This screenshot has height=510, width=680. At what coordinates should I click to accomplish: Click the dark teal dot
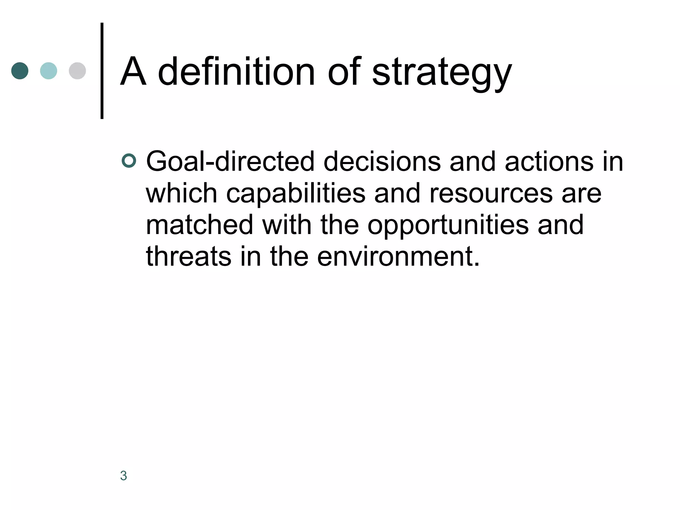(x=20, y=71)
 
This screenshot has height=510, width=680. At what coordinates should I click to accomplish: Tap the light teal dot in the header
(x=48, y=71)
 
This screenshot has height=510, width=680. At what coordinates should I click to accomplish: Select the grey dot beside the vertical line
(x=77, y=71)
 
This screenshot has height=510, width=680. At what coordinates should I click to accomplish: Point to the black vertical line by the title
(x=102, y=71)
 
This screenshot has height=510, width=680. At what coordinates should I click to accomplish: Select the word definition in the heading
(x=236, y=71)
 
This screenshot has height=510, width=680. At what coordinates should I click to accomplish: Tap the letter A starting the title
(x=133, y=71)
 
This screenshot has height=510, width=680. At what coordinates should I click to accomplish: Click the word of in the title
(x=344, y=71)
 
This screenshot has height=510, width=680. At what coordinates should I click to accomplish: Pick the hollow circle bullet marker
(x=129, y=161)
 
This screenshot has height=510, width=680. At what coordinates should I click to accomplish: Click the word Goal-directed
(x=230, y=162)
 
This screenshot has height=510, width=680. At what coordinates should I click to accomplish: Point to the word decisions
(x=382, y=162)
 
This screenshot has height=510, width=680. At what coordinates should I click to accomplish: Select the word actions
(x=549, y=162)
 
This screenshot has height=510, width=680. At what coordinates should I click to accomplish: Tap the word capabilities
(x=296, y=194)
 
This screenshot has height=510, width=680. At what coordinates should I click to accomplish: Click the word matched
(x=200, y=225)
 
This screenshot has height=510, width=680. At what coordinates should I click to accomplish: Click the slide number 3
(x=124, y=476)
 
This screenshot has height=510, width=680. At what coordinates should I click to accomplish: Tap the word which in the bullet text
(x=181, y=193)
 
